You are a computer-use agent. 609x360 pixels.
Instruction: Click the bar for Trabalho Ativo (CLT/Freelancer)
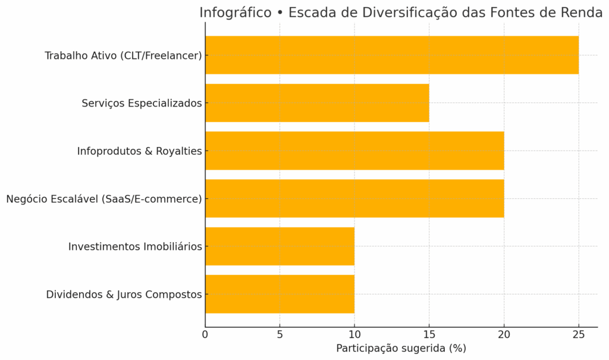click(391, 55)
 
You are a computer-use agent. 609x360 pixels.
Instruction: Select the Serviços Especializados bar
click(317, 103)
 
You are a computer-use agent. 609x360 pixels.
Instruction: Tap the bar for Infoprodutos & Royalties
click(354, 151)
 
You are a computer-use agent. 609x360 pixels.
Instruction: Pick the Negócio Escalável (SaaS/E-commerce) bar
click(354, 199)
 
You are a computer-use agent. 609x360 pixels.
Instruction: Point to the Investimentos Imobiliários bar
click(280, 246)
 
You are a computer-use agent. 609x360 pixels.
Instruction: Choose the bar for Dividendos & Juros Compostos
click(280, 294)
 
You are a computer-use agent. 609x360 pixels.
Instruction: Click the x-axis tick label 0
click(205, 334)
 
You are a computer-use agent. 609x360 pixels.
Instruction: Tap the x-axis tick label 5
click(280, 334)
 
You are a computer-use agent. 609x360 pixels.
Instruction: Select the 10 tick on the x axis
click(354, 334)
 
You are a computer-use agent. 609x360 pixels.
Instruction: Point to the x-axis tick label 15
click(429, 334)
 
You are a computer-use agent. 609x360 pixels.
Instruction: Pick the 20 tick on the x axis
click(504, 334)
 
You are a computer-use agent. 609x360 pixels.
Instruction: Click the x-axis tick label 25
click(579, 334)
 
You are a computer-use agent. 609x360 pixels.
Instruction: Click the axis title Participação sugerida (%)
click(401, 348)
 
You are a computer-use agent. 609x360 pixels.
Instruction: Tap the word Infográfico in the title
click(235, 13)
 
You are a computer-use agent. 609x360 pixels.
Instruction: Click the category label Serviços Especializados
click(142, 104)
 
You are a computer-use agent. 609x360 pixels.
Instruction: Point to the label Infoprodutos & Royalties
click(139, 151)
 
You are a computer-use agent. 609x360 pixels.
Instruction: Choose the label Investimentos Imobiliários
click(135, 246)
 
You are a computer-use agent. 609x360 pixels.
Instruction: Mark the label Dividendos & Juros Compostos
click(124, 295)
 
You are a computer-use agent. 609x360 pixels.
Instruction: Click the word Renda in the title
click(582, 13)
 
